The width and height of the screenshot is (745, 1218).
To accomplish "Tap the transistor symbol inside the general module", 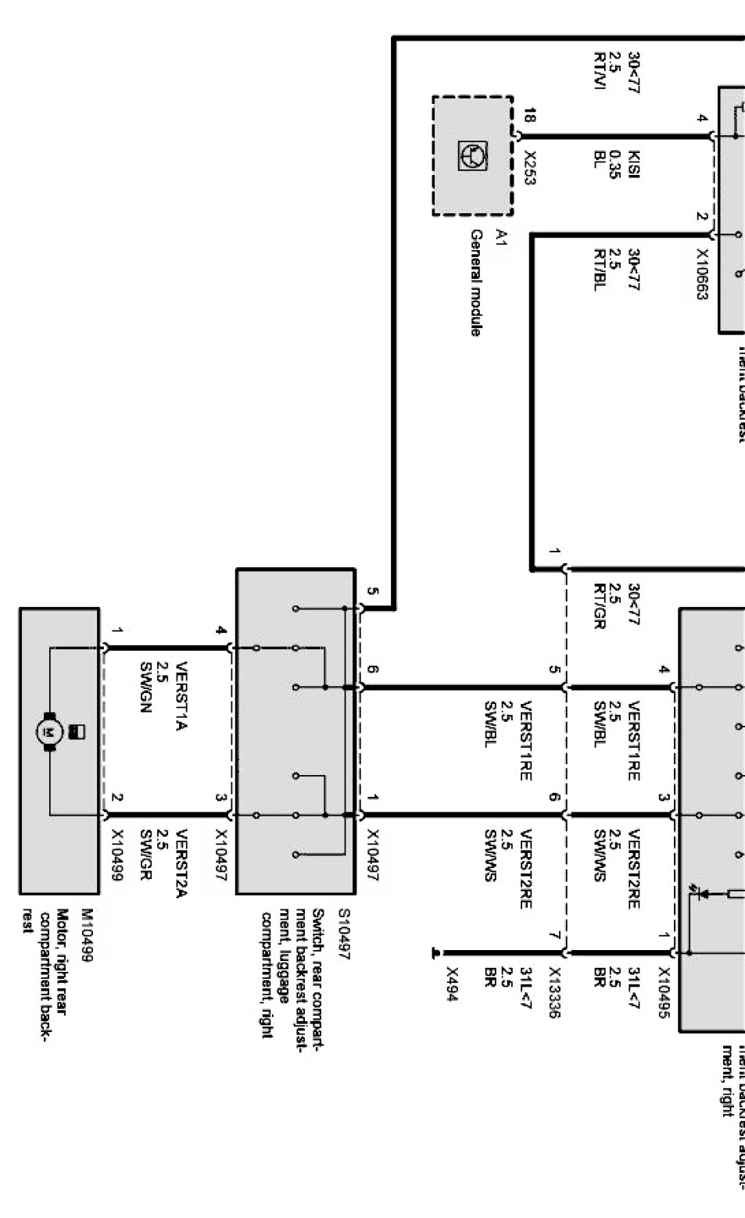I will (473, 155).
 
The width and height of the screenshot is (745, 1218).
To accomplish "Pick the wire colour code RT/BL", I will (600, 270).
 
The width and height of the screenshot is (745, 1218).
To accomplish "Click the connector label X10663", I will (701, 275).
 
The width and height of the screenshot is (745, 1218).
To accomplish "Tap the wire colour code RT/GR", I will (600, 605).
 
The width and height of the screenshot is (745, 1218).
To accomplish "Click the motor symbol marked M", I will (50, 732).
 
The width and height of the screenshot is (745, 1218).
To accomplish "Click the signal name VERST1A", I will (181, 695).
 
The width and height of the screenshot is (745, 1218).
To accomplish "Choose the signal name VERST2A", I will (181, 862).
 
